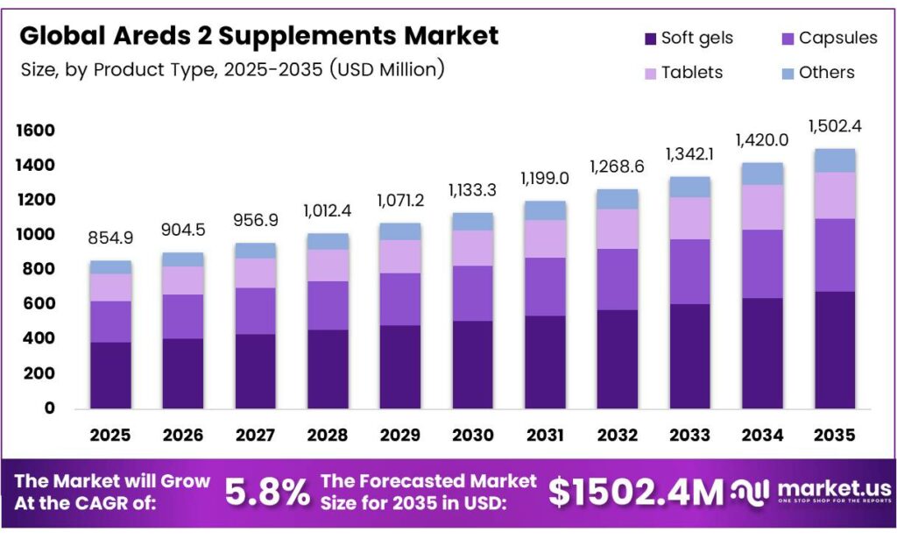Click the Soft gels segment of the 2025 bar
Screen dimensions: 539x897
(110, 374)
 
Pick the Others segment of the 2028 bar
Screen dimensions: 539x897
(328, 241)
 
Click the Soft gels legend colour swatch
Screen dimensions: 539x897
(650, 39)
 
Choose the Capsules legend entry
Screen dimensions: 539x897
(837, 39)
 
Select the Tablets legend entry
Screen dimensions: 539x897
(691, 73)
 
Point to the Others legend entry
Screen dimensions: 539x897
(826, 73)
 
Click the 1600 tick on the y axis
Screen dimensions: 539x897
(36, 131)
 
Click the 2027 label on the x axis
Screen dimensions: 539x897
(256, 435)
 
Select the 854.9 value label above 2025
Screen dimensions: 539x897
(110, 239)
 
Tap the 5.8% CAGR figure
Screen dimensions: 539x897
(267, 493)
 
